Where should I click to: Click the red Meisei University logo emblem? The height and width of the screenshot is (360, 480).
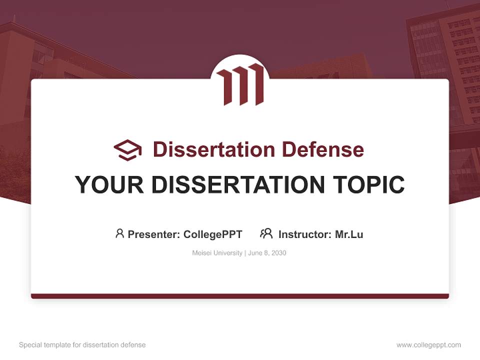coord(240,84)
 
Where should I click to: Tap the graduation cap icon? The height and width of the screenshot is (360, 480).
coord(127,149)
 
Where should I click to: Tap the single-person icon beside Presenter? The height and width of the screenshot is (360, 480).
coord(119,233)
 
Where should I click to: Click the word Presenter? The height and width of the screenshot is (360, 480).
coord(154,234)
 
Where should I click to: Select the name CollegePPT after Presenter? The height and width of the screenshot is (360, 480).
coord(213,234)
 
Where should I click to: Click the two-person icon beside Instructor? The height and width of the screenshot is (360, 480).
coord(266,233)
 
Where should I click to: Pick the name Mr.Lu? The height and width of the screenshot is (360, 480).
coord(349,234)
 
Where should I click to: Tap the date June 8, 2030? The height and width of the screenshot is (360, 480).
coord(267,253)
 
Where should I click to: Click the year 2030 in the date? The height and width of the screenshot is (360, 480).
coord(279,253)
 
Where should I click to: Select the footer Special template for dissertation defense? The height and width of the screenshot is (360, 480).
coord(82,345)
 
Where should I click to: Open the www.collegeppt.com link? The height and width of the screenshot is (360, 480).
coord(428,345)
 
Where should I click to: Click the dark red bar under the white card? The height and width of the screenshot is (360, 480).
coord(240,296)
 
